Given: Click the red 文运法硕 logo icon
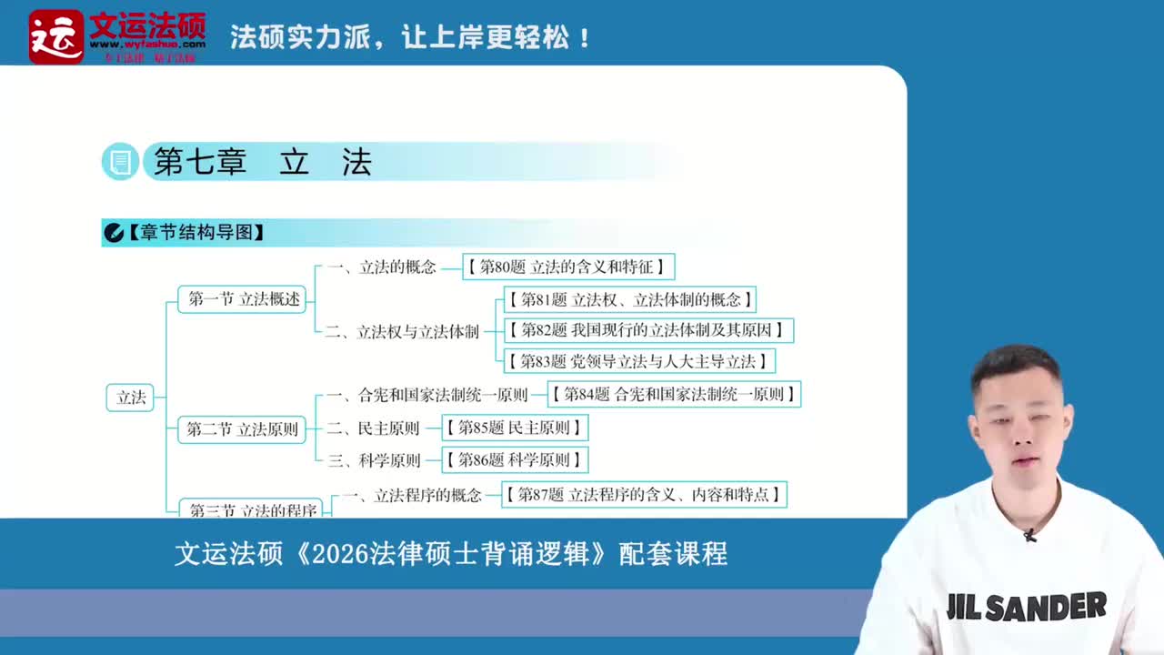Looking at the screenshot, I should tap(55, 37).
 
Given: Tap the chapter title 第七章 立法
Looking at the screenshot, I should tap(263, 162).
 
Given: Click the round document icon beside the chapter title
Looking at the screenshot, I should tap(119, 162).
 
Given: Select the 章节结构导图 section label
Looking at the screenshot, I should tap(195, 233).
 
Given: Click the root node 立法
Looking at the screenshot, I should tap(131, 398).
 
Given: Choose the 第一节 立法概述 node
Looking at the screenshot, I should tap(244, 298).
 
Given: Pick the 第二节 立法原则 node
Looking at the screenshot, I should tap(242, 429).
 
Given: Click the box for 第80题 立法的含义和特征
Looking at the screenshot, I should tap(569, 267).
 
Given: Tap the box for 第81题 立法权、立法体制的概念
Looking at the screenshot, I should tap(629, 299).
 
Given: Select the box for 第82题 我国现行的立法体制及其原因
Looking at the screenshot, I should tap(649, 330).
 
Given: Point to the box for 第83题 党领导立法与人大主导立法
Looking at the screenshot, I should tap(639, 361).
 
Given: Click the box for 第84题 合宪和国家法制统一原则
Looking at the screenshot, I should tap(674, 394).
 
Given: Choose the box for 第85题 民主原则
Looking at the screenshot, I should tap(515, 428).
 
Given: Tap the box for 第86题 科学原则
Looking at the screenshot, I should tap(515, 459).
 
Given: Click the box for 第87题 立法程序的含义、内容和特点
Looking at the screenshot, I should tap(644, 495).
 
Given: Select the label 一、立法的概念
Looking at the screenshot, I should tap(383, 267).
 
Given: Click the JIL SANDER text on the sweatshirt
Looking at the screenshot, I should tap(1026, 607).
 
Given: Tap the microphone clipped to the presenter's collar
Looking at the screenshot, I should tap(1029, 536).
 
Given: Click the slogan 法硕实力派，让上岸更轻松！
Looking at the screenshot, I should tap(411, 38).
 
